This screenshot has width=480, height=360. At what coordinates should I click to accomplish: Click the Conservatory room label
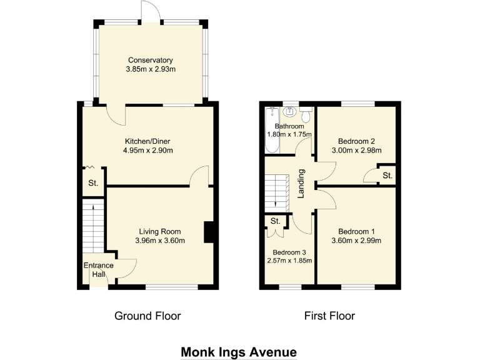tap(150, 60)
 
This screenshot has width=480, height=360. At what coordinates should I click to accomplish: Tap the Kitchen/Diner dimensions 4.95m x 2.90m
tap(147, 150)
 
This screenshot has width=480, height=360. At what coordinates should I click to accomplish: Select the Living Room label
tap(159, 231)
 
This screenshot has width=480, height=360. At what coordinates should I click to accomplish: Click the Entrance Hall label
tap(99, 269)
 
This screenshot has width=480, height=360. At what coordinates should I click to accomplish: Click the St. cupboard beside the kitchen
tap(93, 183)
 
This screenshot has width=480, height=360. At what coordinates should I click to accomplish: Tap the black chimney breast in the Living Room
tap(209, 232)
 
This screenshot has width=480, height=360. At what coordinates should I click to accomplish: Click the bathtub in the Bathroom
tap(271, 131)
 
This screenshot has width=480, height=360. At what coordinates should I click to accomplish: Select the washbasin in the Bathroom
tap(289, 112)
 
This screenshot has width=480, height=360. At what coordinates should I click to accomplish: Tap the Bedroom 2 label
tap(356, 141)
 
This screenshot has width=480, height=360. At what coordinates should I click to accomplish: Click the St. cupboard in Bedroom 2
tap(387, 176)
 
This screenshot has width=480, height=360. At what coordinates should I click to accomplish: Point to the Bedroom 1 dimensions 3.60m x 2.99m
tap(356, 239)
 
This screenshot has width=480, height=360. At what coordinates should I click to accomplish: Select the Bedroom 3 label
tap(289, 252)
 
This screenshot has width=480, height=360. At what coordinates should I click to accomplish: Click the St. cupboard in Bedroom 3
tap(276, 221)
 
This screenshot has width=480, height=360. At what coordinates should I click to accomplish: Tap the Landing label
tap(301, 182)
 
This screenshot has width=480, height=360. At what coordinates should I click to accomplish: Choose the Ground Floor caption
tap(147, 316)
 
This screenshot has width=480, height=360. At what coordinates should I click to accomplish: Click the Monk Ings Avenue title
tap(238, 352)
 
